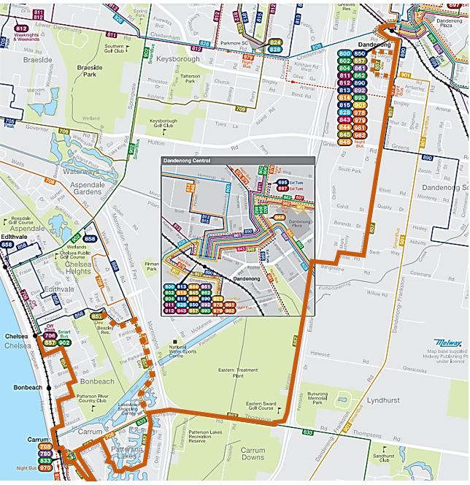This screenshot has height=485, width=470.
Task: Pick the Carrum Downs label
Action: [253, 454]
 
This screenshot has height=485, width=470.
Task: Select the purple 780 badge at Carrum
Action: [45, 454]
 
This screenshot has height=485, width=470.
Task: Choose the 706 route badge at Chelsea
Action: [50, 336]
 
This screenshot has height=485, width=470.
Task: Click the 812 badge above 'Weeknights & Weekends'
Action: [21, 29]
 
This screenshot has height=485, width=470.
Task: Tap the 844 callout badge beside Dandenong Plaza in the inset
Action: [280, 217]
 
